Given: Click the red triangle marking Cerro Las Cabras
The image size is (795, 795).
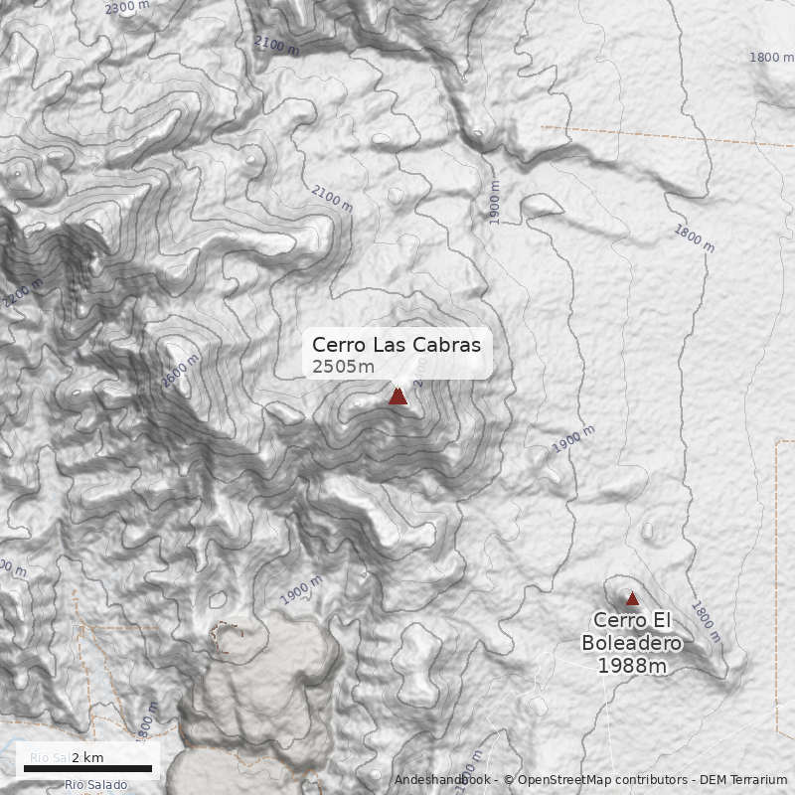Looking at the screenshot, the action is [x=397, y=396].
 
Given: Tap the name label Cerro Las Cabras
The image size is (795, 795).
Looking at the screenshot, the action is [x=396, y=345].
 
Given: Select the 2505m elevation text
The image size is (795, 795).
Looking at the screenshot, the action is [x=343, y=367].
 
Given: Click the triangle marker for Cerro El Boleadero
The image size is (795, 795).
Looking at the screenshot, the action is [x=632, y=598].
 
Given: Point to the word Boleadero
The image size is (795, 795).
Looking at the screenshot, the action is [x=632, y=643].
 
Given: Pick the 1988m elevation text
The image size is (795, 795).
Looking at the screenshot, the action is [x=632, y=665].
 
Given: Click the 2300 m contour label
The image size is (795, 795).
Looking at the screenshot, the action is [x=126, y=8].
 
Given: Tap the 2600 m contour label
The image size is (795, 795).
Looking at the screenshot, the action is [x=180, y=371].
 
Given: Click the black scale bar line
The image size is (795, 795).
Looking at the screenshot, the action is [x=87, y=768].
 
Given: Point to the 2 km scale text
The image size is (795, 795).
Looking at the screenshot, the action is [x=87, y=758].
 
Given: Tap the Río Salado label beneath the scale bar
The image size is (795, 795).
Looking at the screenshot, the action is [x=95, y=785].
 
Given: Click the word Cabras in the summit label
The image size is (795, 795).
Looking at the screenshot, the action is [x=448, y=345].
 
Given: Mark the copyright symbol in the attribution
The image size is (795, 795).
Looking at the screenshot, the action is [x=509, y=780].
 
